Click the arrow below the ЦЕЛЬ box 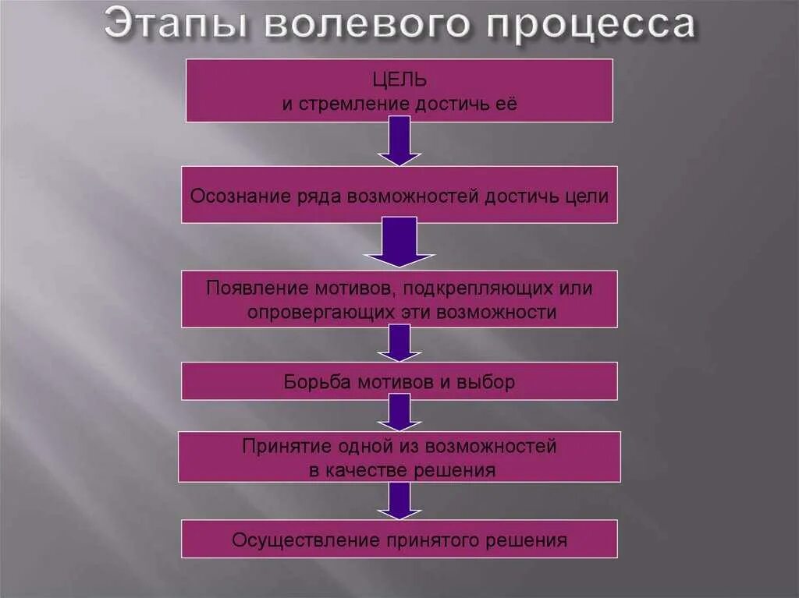[399, 141]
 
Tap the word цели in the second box [587, 196]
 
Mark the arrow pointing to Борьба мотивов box [399, 343]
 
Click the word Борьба [316, 383]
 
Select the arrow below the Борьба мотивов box [399, 412]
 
